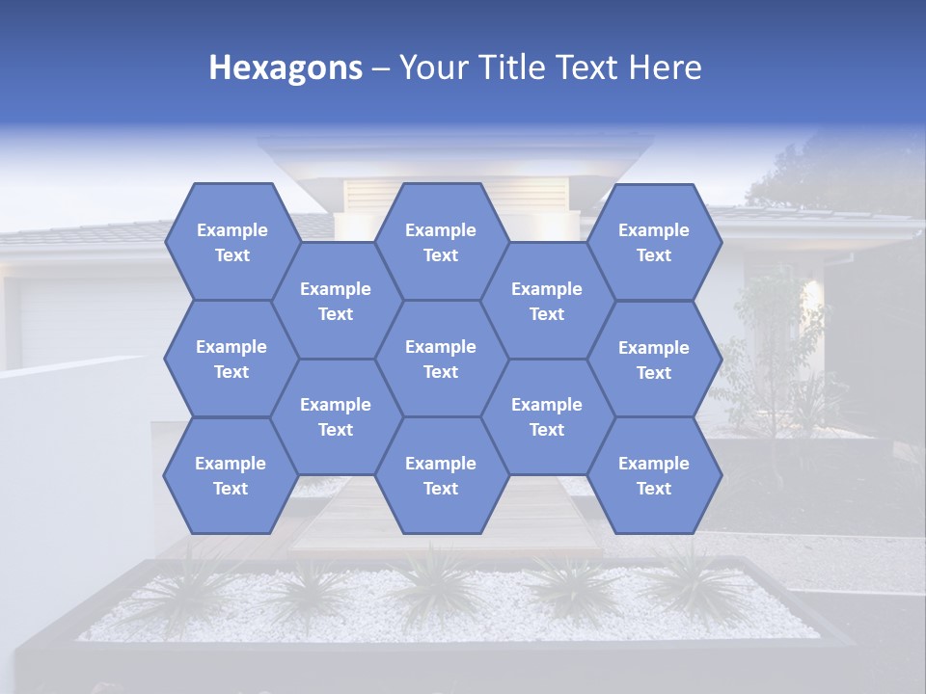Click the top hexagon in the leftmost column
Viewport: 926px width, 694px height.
(231, 242)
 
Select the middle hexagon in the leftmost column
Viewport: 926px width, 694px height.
(231, 359)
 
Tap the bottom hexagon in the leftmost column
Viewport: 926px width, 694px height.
(231, 475)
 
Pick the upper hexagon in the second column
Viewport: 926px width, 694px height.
(336, 301)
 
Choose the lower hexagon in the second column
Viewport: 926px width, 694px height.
(336, 416)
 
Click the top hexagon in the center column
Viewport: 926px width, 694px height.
(441, 242)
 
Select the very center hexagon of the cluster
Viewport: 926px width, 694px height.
(441, 359)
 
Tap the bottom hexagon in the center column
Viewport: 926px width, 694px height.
(441, 475)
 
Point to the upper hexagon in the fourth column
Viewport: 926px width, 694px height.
(547, 301)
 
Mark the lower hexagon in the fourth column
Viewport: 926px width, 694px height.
(547, 416)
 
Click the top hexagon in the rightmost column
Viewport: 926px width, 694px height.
(654, 242)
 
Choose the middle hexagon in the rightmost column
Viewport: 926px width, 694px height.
(654, 360)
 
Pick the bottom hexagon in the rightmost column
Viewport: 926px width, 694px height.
(654, 475)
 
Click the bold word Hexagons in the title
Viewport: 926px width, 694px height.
(286, 67)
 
